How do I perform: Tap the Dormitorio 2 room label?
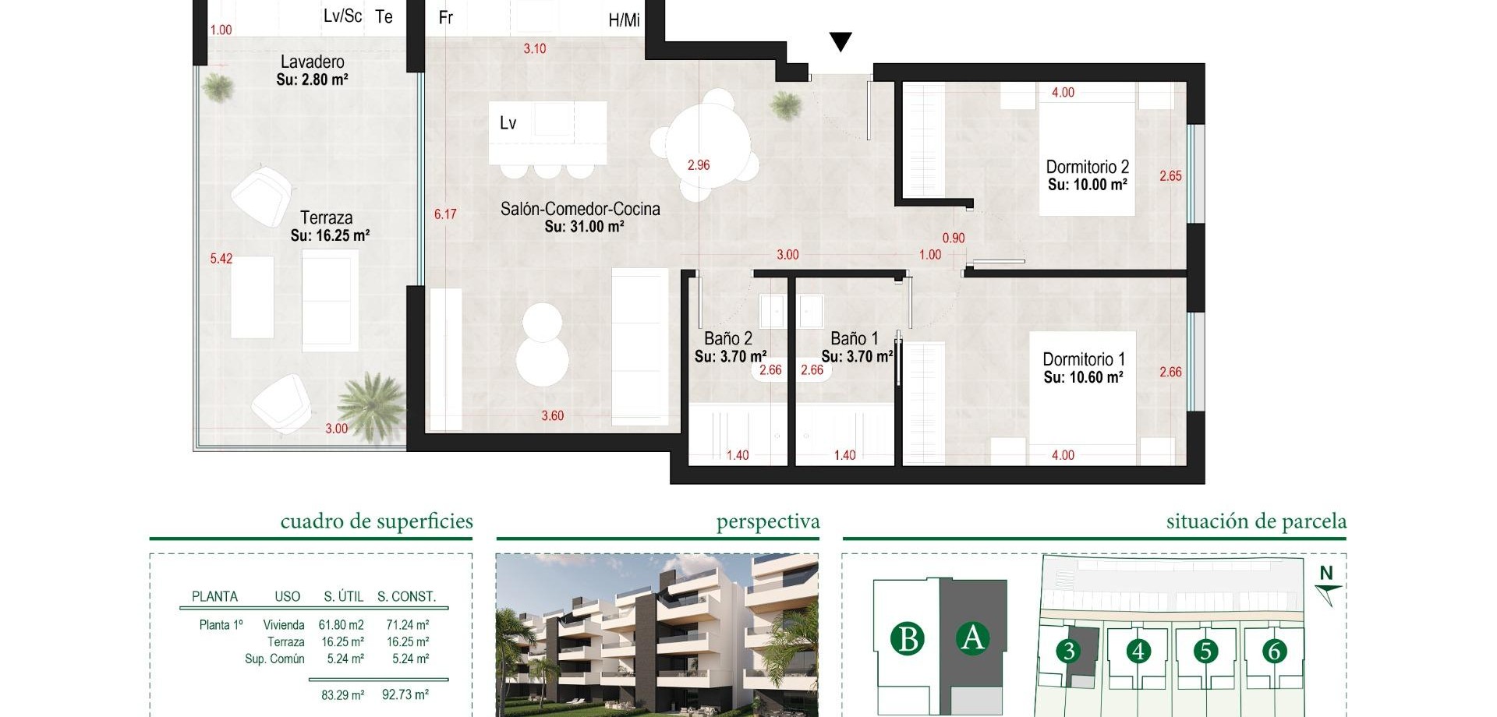tap(1087, 167)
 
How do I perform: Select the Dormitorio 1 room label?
tap(1084, 359)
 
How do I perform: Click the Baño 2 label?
tap(728, 338)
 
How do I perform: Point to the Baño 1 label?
tap(855, 338)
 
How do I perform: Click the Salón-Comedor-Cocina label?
tap(580, 209)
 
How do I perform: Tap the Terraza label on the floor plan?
tap(327, 217)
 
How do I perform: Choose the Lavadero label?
tap(312, 62)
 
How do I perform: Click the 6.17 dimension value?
tap(445, 214)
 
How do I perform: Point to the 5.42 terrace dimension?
tap(221, 259)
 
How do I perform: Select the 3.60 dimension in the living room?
tap(553, 416)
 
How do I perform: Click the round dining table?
tap(709, 145)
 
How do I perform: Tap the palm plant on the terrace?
tap(372, 405)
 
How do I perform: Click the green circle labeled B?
tap(908, 639)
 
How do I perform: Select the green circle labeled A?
tap(972, 638)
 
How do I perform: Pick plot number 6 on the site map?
tap(1275, 651)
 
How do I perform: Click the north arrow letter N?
tap(1327, 574)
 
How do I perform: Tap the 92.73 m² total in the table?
tap(405, 694)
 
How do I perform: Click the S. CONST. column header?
tap(407, 596)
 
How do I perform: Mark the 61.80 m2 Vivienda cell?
tap(342, 625)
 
